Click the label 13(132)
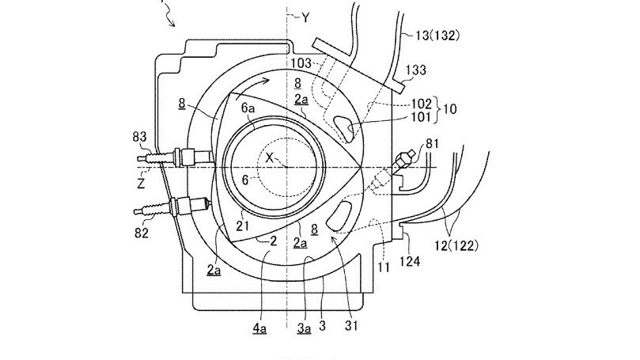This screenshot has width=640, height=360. (x=437, y=36)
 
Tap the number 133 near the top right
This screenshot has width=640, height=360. (x=415, y=70)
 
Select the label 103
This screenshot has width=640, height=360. (x=301, y=63)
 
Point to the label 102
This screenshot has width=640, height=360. (x=421, y=104)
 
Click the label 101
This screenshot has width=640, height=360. (x=421, y=117)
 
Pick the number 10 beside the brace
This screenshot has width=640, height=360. (x=449, y=109)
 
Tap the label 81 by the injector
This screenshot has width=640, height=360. (x=432, y=144)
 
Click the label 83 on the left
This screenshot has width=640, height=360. (x=139, y=137)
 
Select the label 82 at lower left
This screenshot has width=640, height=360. (x=142, y=233)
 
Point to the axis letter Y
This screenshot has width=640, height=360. (x=305, y=17)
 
